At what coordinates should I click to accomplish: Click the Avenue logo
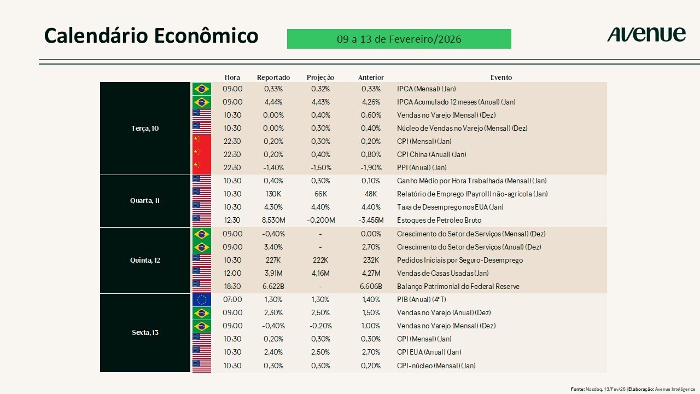click(x=646, y=34)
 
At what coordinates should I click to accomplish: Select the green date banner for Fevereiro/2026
click(x=399, y=39)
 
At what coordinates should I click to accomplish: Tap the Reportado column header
click(x=273, y=78)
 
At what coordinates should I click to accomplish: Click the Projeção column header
click(x=320, y=78)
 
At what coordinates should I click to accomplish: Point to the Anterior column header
click(x=371, y=78)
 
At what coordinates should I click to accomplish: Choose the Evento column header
click(x=501, y=78)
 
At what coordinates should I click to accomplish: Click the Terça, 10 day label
click(x=145, y=129)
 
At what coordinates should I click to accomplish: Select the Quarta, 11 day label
click(x=145, y=201)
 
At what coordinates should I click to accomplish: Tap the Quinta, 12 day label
click(x=145, y=260)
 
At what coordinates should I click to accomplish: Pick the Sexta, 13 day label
click(x=145, y=333)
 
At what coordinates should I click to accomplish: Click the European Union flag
click(x=202, y=300)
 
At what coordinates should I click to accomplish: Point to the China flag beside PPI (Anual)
click(x=202, y=167)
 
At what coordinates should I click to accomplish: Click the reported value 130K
click(x=273, y=194)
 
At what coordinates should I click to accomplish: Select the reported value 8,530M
click(x=273, y=221)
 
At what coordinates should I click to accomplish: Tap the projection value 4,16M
click(x=320, y=274)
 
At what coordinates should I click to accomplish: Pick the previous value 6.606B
click(x=371, y=287)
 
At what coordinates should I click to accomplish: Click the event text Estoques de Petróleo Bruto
click(x=439, y=221)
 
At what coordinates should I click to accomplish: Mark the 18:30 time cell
click(x=232, y=287)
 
